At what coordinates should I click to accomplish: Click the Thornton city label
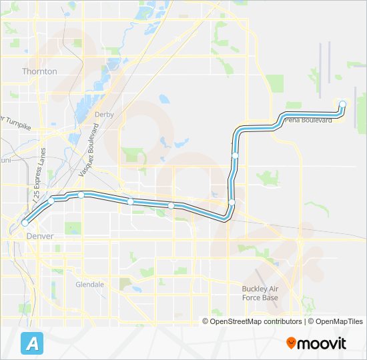(39, 71)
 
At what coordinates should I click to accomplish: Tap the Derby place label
(104, 115)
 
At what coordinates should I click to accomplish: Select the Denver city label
(39, 236)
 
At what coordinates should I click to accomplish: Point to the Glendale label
(89, 285)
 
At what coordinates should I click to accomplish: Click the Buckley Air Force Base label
(260, 293)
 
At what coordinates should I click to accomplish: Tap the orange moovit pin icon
(292, 343)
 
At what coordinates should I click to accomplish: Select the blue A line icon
(31, 343)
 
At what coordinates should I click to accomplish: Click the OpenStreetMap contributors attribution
(253, 321)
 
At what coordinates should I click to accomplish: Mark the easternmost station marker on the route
(342, 104)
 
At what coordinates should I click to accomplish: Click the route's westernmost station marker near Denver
(25, 223)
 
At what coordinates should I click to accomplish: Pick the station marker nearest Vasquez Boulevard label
(81, 195)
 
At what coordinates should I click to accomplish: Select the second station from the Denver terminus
(51, 200)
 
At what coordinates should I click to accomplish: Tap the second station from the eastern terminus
(236, 155)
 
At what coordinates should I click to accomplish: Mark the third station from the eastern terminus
(232, 202)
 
